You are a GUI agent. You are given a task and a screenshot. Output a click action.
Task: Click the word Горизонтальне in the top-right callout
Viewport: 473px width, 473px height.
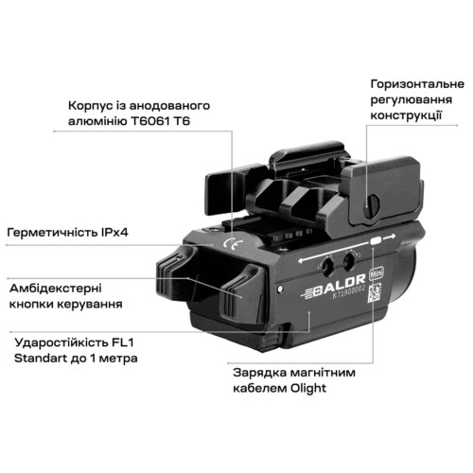point(417,84)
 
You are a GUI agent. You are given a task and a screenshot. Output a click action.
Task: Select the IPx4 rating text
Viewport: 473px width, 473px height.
point(114,233)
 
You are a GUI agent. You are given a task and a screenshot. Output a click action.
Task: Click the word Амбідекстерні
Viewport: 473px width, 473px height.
point(56,289)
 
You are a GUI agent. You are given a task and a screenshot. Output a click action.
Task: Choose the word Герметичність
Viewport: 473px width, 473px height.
point(52,233)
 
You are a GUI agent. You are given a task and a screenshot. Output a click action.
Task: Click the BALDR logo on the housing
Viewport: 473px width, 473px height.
point(334,287)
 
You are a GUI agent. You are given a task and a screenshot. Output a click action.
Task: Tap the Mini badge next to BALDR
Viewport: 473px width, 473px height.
point(377,273)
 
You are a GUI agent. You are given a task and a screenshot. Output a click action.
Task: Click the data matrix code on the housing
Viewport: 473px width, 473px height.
point(375,292)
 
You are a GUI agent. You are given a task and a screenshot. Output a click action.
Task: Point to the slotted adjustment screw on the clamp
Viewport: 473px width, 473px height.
point(372,206)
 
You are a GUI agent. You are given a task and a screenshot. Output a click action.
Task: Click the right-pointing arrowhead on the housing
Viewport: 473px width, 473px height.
point(393,236)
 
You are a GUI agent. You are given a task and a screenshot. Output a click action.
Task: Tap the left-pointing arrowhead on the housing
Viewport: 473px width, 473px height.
point(301,261)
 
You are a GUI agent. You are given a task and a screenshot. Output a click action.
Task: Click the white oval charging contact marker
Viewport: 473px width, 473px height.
point(376,241)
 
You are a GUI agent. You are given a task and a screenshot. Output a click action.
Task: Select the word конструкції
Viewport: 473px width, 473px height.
point(406,115)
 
